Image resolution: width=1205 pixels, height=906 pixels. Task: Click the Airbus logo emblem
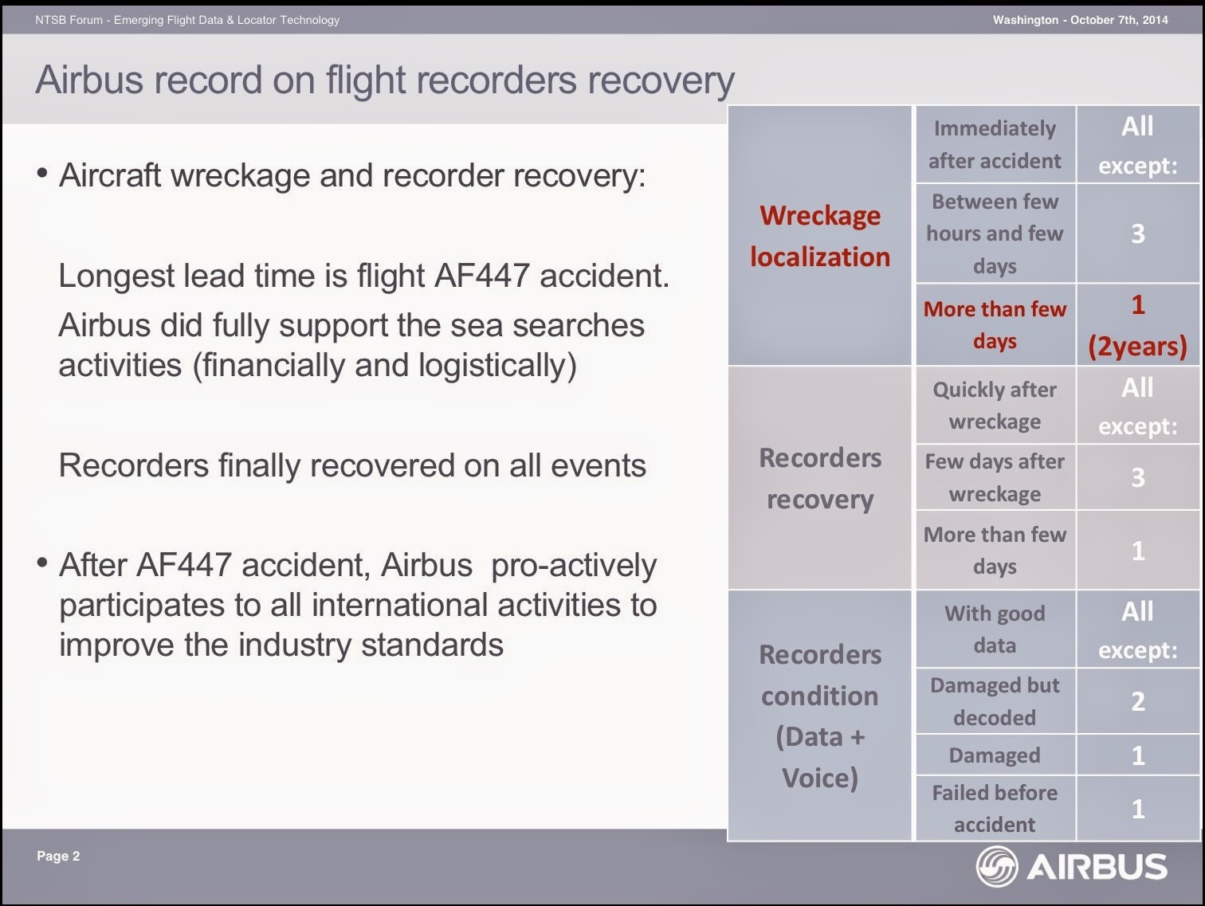pos(997,866)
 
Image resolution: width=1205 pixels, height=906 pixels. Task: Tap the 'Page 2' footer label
pos(58,856)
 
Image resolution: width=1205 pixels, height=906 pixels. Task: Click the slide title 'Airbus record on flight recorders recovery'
pos(385,80)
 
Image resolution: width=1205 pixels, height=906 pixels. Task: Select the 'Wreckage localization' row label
pos(820,236)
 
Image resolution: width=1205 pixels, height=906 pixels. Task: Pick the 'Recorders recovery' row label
pos(820,479)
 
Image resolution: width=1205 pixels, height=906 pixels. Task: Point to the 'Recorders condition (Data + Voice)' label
pos(820,716)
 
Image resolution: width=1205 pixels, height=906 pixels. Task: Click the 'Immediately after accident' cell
pos(995,144)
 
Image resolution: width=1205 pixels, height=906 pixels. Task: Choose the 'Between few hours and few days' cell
pos(995,233)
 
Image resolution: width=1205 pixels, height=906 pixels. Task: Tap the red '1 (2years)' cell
pos(1137,325)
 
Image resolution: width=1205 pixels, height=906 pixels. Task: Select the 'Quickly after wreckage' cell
pos(995,406)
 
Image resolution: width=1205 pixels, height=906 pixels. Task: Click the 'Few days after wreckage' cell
pos(995,477)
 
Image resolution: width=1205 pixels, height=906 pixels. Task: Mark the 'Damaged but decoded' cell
pos(995,701)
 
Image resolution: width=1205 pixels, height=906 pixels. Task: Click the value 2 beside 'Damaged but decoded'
pos(1138,701)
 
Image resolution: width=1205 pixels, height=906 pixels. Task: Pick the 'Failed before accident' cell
pos(995,808)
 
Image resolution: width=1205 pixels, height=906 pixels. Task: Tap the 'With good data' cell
pos(995,629)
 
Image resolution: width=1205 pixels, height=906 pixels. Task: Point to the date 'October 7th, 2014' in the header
pos(1119,20)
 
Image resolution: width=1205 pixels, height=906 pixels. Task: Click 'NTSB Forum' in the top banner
pos(69,20)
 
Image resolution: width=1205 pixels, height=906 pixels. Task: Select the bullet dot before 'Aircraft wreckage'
pos(42,174)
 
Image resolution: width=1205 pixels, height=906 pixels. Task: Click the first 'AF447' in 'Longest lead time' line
pos(482,276)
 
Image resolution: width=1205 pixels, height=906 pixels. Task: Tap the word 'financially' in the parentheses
pos(273,366)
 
